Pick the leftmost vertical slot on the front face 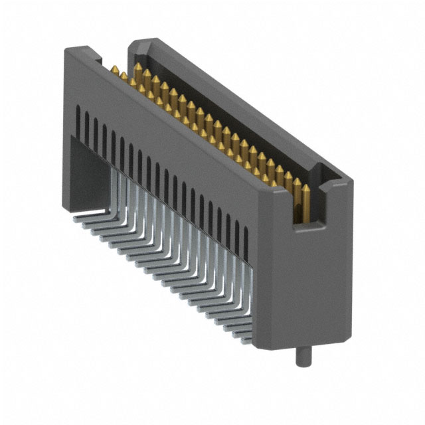coord(78,120)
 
